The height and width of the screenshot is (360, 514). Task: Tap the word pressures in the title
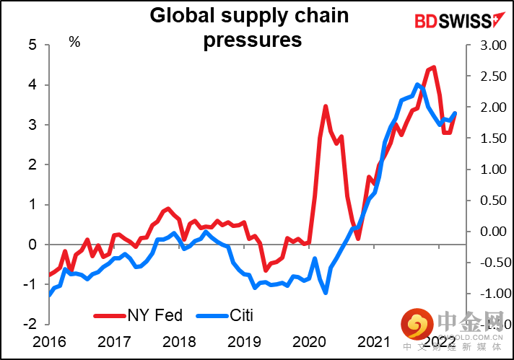pos(253,40)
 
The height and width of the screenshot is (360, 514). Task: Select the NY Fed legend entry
pos(139,315)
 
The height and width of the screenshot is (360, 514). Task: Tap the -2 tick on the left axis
pos(30,325)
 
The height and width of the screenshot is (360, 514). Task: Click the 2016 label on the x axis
pos(51,341)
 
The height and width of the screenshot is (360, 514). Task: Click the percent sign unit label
pos(74,43)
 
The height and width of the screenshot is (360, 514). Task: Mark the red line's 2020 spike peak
pos(326,106)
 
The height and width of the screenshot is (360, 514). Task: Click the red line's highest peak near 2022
pos(433,67)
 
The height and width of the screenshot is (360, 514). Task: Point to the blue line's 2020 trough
pos(326,292)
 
